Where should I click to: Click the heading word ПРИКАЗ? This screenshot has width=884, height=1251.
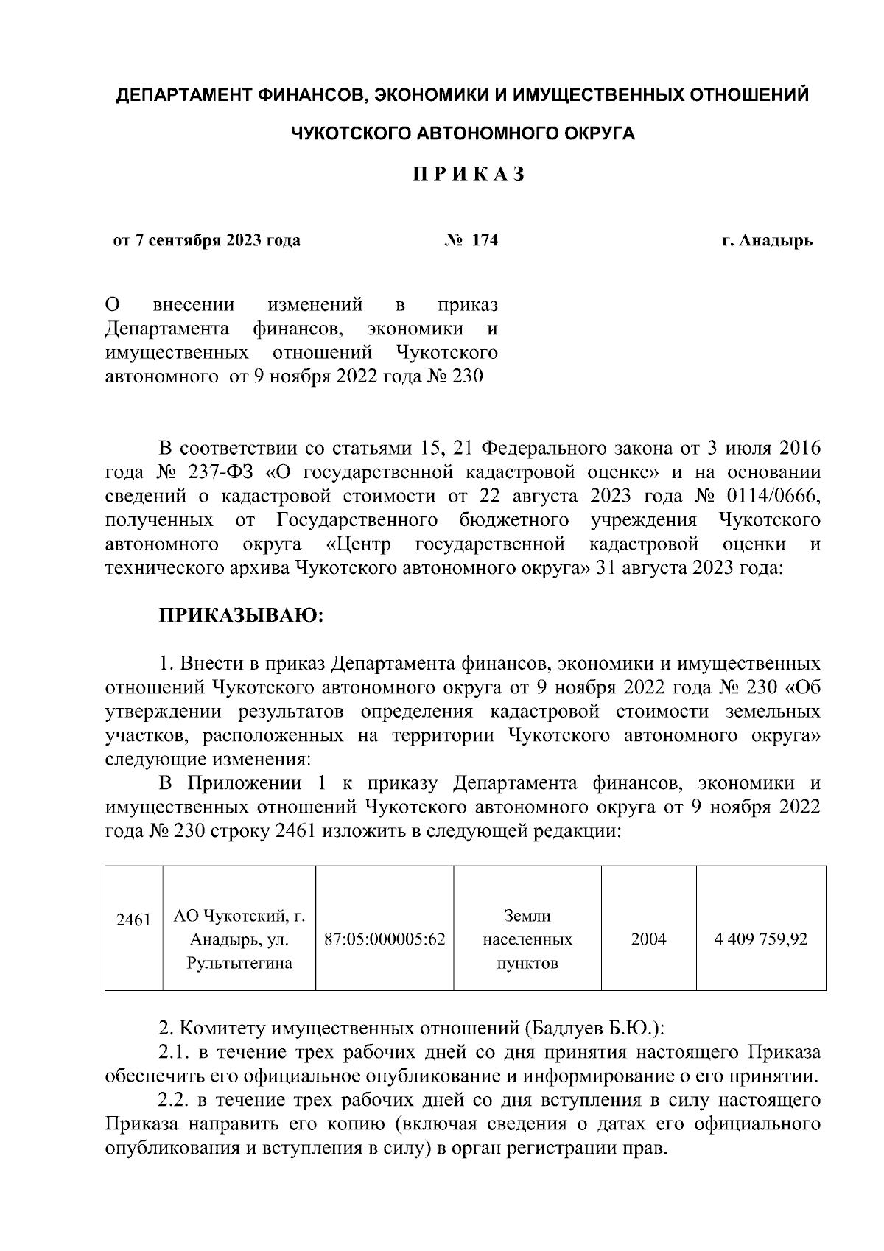(468, 175)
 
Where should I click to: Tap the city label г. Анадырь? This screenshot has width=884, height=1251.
(767, 241)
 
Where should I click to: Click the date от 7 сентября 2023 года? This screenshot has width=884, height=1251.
(207, 241)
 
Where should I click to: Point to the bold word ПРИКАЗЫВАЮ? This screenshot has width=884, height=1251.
(242, 614)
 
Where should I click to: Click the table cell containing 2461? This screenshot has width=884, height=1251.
(133, 920)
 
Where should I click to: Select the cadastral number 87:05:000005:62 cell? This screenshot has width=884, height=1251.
(385, 939)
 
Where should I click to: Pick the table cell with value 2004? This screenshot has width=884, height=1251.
(648, 939)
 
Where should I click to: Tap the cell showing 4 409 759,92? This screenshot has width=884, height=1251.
(761, 939)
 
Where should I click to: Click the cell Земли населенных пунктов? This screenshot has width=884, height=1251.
(527, 939)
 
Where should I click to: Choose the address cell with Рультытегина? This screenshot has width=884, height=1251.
(239, 939)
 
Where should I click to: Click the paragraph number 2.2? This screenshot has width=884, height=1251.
(175, 1101)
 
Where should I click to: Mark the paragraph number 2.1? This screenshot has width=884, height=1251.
(175, 1053)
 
